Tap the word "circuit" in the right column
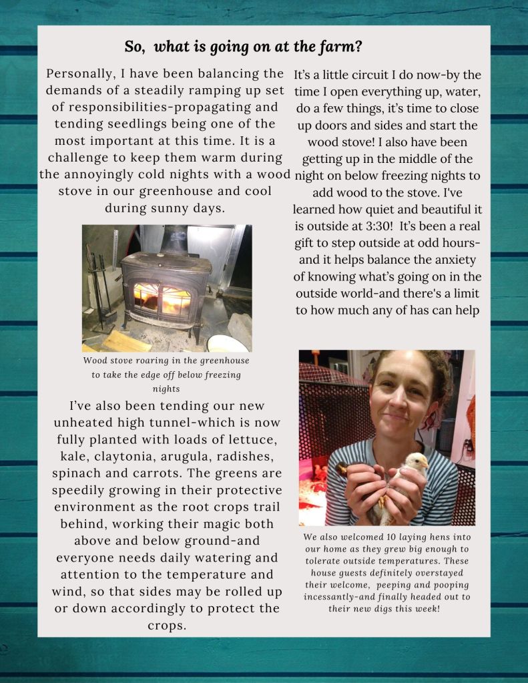pos(363,75)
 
